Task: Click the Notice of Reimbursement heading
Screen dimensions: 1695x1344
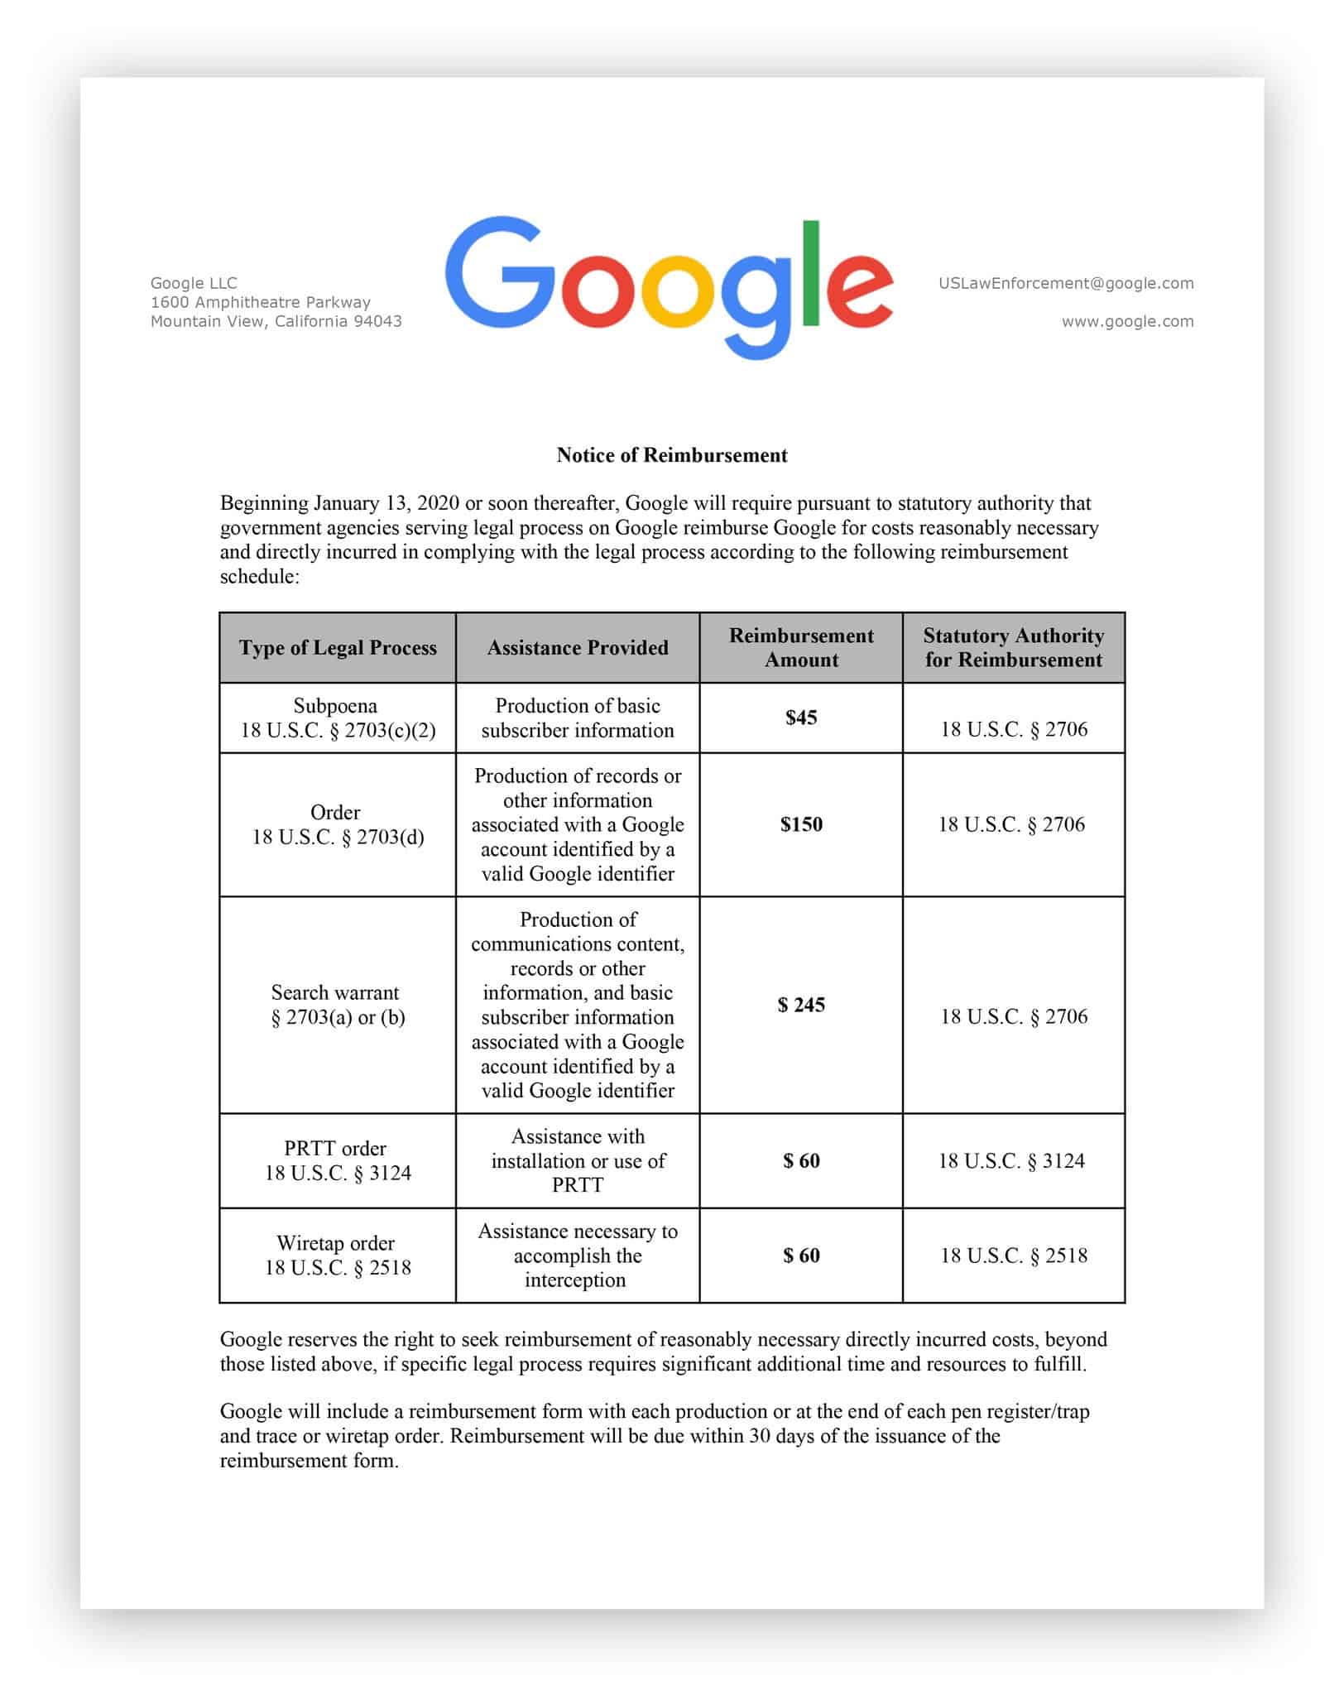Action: pyautogui.click(x=671, y=455)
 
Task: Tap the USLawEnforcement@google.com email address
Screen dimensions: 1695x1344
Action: pyautogui.click(x=1065, y=283)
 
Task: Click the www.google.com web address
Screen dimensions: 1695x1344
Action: pyautogui.click(x=1127, y=321)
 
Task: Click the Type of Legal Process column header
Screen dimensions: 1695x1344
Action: pyautogui.click(x=338, y=648)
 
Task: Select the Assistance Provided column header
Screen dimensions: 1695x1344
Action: pyautogui.click(x=577, y=648)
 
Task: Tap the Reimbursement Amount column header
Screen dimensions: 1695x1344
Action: pyautogui.click(x=800, y=648)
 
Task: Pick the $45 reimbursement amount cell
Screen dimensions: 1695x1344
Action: pyautogui.click(x=800, y=718)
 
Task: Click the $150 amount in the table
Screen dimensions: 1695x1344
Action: pyautogui.click(x=800, y=824)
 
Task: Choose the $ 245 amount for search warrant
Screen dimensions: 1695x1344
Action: pyautogui.click(x=800, y=1005)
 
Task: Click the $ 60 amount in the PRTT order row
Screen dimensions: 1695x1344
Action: pyautogui.click(x=800, y=1160)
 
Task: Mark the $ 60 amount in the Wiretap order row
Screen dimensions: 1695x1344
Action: pyautogui.click(x=800, y=1256)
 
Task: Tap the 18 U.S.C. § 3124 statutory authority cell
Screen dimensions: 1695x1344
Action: pyautogui.click(x=1012, y=1160)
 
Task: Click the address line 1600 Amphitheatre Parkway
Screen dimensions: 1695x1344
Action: pyautogui.click(x=260, y=302)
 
